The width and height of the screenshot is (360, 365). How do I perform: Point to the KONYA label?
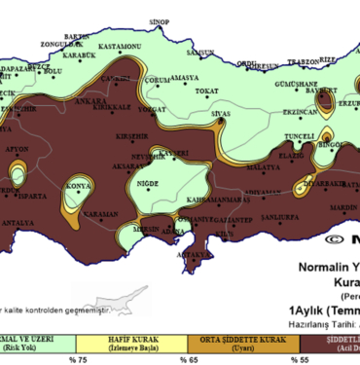pyautogui.click(x=78, y=184)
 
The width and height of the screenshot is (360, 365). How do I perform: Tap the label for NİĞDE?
pyautogui.click(x=149, y=181)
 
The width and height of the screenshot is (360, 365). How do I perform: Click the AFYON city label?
pyautogui.click(x=18, y=148)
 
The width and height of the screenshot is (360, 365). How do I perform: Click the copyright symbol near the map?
pyautogui.click(x=334, y=237)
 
